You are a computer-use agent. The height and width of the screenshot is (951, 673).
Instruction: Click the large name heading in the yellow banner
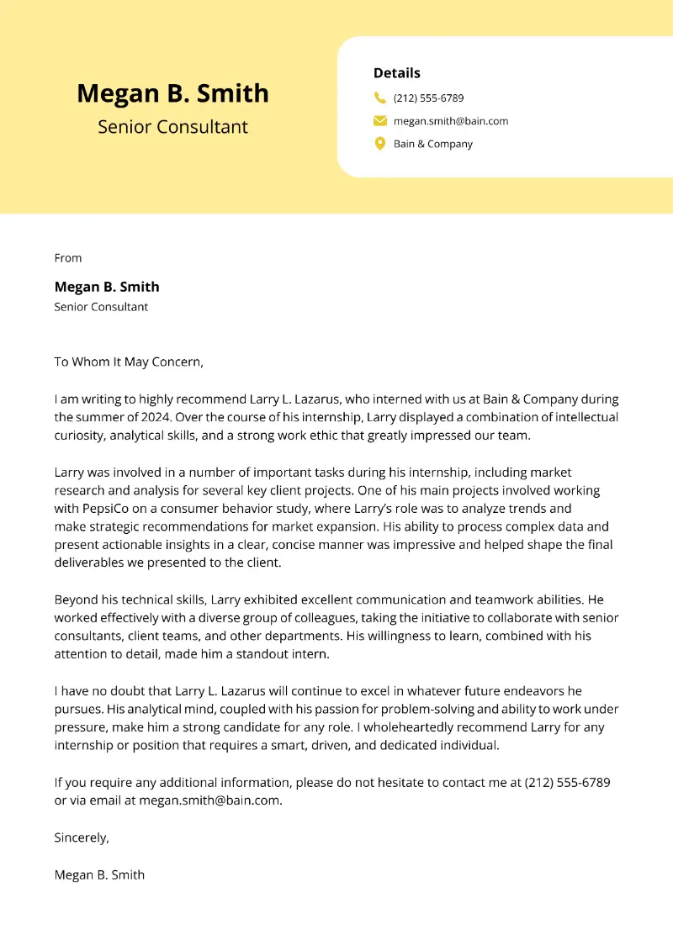click(x=172, y=93)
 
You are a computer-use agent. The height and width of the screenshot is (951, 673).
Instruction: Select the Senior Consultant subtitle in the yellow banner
click(x=172, y=127)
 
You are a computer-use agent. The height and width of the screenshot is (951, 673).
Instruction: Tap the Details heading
click(x=396, y=73)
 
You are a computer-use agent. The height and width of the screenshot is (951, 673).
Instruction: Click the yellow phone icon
click(x=380, y=98)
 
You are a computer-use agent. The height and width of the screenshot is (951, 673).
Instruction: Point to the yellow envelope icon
click(x=380, y=121)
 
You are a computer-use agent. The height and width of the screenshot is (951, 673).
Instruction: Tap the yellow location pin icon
click(x=380, y=144)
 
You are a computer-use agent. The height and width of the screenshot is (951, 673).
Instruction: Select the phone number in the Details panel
click(x=428, y=98)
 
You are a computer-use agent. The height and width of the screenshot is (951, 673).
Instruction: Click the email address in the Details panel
click(x=451, y=121)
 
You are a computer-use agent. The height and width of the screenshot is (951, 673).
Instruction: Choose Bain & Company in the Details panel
click(x=433, y=144)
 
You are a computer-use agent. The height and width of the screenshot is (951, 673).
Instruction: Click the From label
click(x=68, y=258)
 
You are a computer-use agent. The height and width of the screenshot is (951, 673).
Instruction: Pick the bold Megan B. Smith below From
click(x=107, y=287)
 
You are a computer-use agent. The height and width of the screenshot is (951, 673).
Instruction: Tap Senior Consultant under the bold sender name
click(x=101, y=307)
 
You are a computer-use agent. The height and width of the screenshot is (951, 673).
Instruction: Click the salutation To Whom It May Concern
click(x=129, y=362)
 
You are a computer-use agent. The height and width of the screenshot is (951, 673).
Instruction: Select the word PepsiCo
click(x=114, y=509)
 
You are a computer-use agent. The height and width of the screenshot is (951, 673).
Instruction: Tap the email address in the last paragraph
click(x=209, y=800)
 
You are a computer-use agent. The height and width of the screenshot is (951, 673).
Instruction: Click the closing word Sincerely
click(x=82, y=837)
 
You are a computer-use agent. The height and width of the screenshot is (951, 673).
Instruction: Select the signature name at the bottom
click(x=99, y=874)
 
